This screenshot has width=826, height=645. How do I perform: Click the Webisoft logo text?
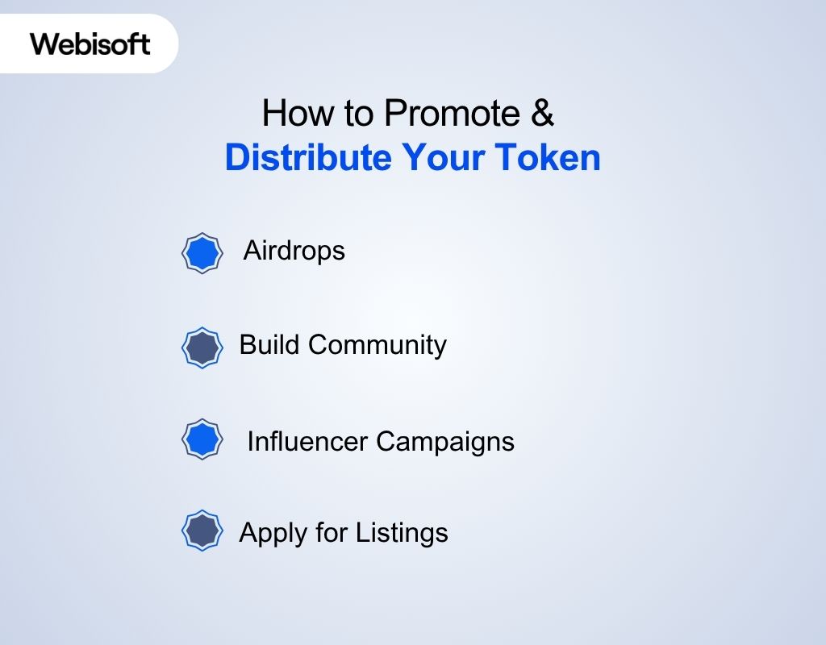[90, 43]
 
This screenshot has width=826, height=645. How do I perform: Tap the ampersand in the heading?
[543, 114]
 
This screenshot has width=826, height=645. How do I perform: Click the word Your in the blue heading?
[436, 157]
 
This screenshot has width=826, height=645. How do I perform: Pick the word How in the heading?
[289, 114]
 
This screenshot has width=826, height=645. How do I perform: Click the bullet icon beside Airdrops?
[201, 253]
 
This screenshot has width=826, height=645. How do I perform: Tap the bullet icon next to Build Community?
[201, 347]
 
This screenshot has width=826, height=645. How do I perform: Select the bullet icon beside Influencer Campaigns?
[201, 439]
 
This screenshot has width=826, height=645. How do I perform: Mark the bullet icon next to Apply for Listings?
[201, 531]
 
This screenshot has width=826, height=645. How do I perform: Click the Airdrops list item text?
[294, 251]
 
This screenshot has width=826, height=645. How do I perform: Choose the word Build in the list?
[269, 345]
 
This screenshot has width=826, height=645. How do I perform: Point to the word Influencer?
[307, 441]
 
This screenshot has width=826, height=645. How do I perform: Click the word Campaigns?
[445, 443]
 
